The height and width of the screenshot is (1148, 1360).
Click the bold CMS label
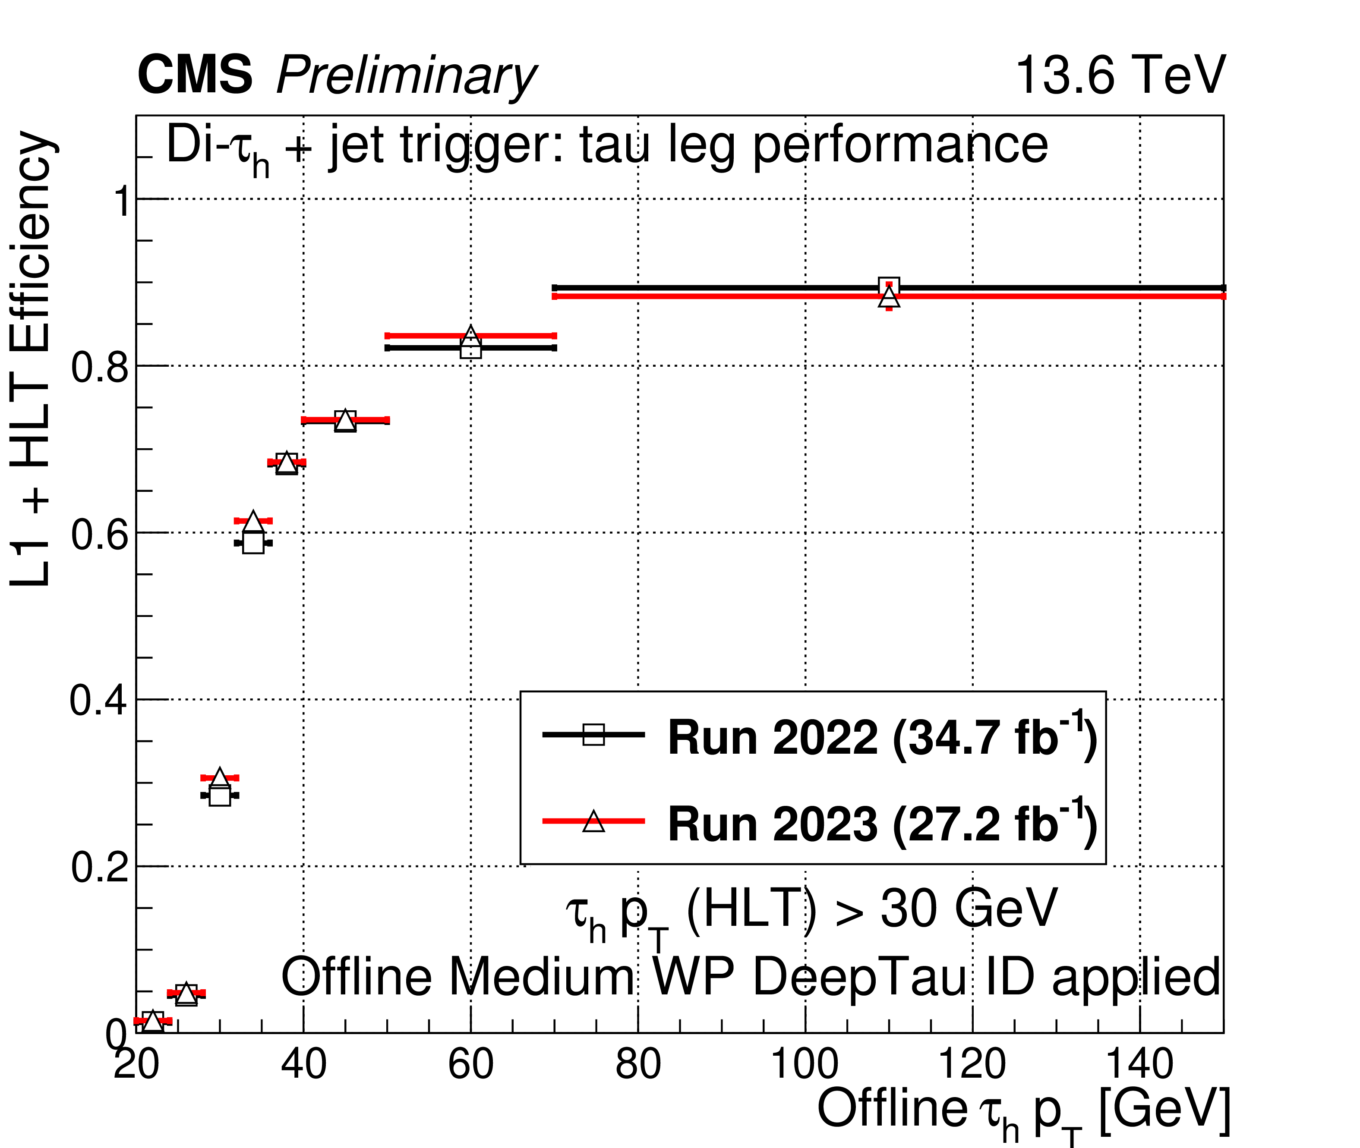195,75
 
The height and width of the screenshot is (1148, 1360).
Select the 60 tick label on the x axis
471,1065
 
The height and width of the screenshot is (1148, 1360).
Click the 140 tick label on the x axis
1139,1065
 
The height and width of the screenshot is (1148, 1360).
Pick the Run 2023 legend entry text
882,824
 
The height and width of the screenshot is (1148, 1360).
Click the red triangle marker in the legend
593,821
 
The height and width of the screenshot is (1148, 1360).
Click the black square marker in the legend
593,735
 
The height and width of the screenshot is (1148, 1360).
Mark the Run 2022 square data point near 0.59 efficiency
253,543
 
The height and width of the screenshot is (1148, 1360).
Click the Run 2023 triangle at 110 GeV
889,297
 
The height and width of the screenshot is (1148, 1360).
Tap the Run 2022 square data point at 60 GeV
471,349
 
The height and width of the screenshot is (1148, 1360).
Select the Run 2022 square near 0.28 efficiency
220,795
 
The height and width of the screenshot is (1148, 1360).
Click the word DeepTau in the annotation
859,978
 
